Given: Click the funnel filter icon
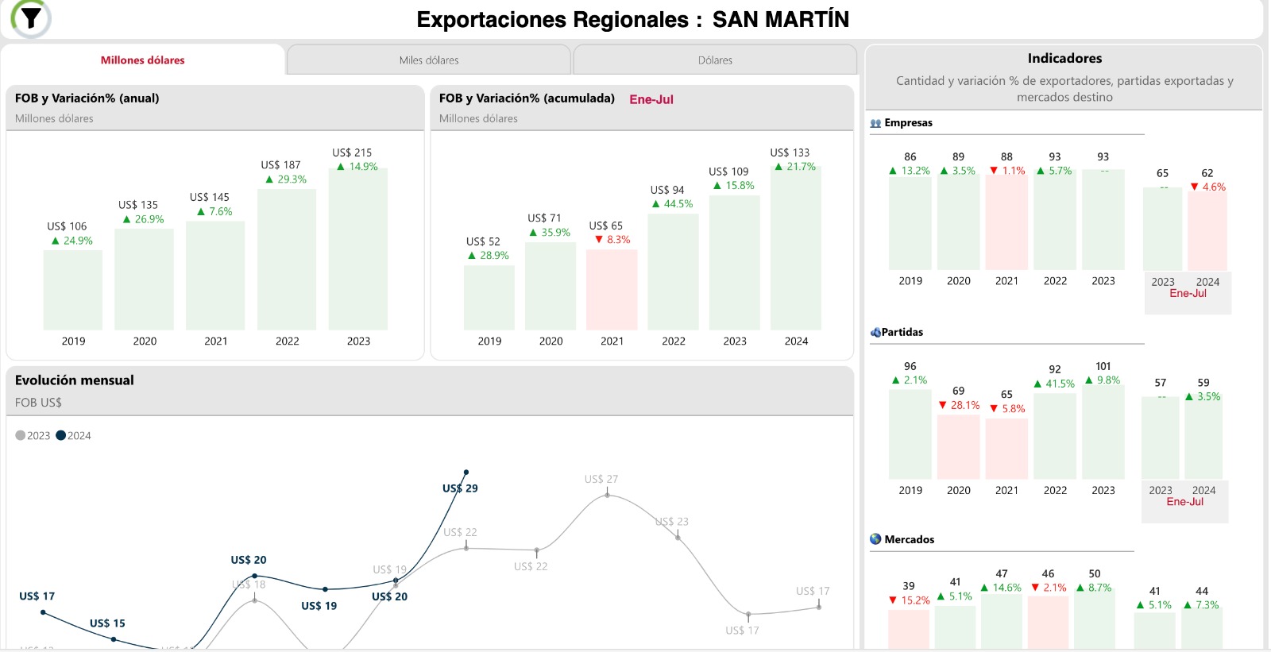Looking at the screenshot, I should click(x=31, y=17).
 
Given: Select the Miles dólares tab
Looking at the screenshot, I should click(x=429, y=60).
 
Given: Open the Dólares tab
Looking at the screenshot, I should click(x=715, y=60).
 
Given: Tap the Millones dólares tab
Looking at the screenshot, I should click(x=143, y=60).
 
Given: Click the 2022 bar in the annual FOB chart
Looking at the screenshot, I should click(x=287, y=260).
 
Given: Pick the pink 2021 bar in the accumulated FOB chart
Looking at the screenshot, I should click(x=612, y=290).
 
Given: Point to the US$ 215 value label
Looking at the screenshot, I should click(x=352, y=152).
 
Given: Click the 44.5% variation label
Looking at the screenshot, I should click(x=673, y=204).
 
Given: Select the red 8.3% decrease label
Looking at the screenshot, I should click(x=613, y=240).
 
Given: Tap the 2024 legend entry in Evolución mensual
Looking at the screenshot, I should click(x=74, y=436).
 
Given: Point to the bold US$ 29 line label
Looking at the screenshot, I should click(x=460, y=488).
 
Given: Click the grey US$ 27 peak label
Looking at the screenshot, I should click(x=601, y=479).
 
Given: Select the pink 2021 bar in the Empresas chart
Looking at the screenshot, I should click(x=1006, y=222).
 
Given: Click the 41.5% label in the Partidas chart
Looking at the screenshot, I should click(x=1055, y=384).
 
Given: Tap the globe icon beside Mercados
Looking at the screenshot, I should click(x=875, y=539).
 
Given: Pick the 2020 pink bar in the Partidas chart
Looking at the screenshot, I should click(x=958, y=446).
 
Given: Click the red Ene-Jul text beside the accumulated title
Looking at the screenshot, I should click(x=651, y=99).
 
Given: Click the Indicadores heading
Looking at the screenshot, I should click(x=1064, y=58).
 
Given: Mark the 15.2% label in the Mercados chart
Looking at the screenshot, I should click(x=910, y=600).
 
